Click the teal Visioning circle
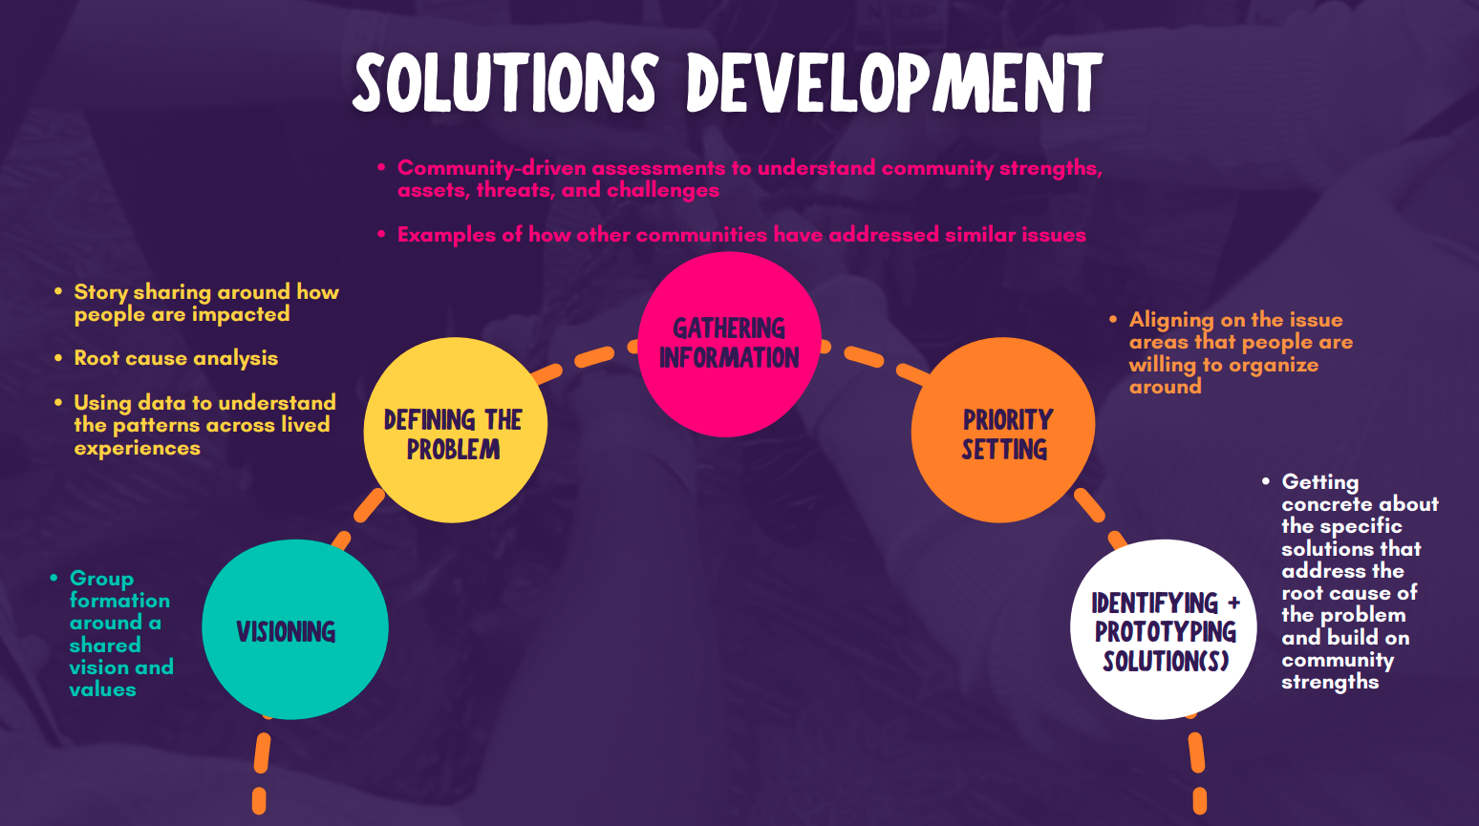(294, 628)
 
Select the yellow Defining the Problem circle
(455, 431)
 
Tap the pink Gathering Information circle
(729, 345)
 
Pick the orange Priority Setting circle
(1002, 431)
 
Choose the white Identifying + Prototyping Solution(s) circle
(1163, 629)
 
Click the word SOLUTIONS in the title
(504, 83)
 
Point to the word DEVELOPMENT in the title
(894, 83)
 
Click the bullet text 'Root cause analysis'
(176, 358)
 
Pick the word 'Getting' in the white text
(1319, 482)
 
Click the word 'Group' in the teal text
(101, 579)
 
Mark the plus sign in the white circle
(1233, 603)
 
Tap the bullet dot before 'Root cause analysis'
(58, 358)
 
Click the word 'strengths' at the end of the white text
(1329, 682)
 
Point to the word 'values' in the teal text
(102, 689)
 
